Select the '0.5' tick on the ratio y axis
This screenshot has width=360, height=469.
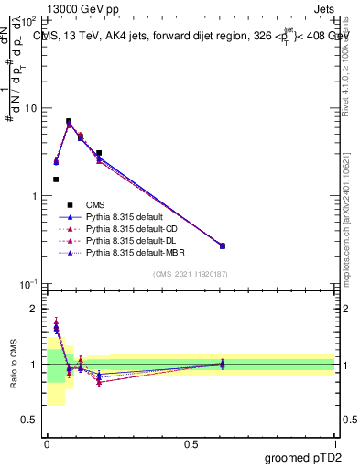click(28, 420)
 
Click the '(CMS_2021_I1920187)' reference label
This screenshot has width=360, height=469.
click(191, 274)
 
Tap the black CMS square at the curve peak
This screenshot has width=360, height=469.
click(69, 121)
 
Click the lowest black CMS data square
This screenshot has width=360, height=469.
click(56, 180)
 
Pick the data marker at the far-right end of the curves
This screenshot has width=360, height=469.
click(247, 245)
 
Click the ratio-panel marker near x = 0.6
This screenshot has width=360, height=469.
click(222, 364)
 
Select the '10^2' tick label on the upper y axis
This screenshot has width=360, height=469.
click(27, 20)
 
